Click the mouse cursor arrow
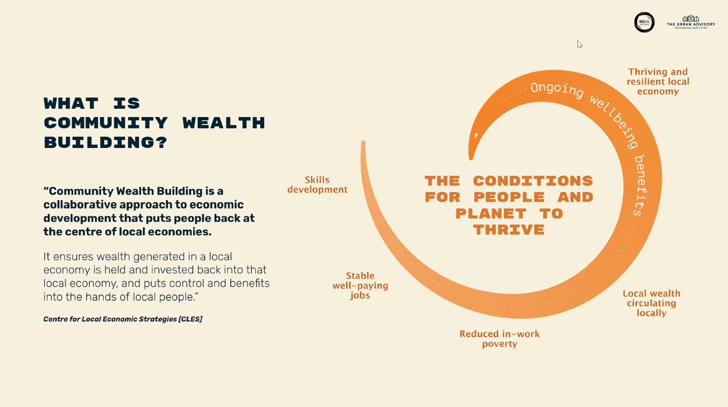[579, 44]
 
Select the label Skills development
[317, 184]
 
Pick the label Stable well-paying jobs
[360, 286]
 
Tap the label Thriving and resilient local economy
[658, 81]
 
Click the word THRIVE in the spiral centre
[509, 230]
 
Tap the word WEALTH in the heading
[224, 123]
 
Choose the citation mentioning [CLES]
[123, 318]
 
